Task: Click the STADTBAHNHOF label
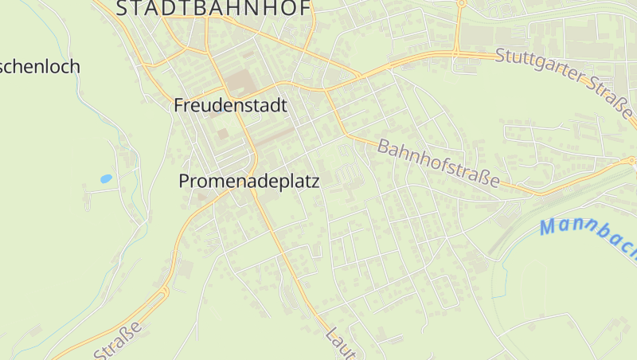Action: pyautogui.click(x=215, y=9)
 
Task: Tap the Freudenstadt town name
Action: pyautogui.click(x=230, y=105)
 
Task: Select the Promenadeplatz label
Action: pyautogui.click(x=248, y=182)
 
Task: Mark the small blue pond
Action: pyautogui.click(x=106, y=179)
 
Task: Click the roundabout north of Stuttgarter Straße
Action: pyautogui.click(x=461, y=3)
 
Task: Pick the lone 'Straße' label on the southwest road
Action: pyautogui.click(x=119, y=341)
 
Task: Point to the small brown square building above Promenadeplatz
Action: pyautogui.click(x=223, y=134)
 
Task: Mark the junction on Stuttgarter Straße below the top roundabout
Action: pyautogui.click(x=457, y=53)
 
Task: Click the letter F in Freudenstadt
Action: pyautogui.click(x=179, y=105)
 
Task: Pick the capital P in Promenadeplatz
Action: pyautogui.click(x=184, y=182)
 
